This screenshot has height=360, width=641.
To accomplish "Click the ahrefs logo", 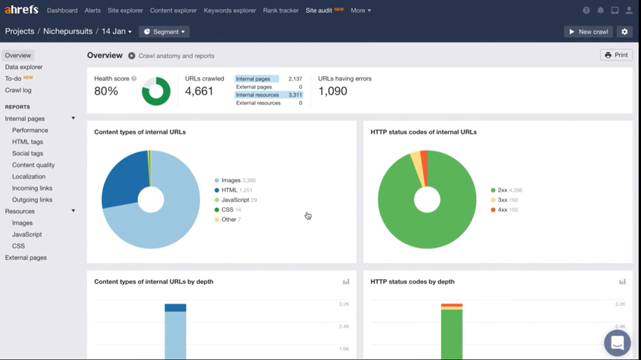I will pyautogui.click(x=22, y=10).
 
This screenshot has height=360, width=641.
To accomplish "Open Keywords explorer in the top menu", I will pyautogui.click(x=229, y=11).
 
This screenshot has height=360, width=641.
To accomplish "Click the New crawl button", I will pyautogui.click(x=588, y=32).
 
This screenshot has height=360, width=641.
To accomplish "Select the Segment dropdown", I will pyautogui.click(x=164, y=32).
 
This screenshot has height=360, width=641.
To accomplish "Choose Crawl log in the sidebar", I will pyautogui.click(x=18, y=90).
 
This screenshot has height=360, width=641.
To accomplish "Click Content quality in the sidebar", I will pyautogui.click(x=33, y=165).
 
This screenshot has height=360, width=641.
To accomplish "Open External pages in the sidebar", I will pyautogui.click(x=26, y=258).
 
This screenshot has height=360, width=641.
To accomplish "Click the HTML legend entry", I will pyautogui.click(x=229, y=190).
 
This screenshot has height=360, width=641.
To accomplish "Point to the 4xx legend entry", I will pyautogui.click(x=502, y=210).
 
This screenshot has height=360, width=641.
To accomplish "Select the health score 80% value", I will pyautogui.click(x=106, y=91).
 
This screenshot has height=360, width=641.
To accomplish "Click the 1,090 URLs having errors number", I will pyautogui.click(x=333, y=91).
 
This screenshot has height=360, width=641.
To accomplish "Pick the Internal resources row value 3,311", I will pyautogui.click(x=295, y=95).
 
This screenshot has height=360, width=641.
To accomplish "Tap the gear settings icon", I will pyautogui.click(x=625, y=32).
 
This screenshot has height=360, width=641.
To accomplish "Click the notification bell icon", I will pyautogui.click(x=600, y=11).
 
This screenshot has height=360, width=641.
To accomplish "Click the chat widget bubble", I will pyautogui.click(x=617, y=342).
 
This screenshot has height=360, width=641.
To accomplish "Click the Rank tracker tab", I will pyautogui.click(x=281, y=11).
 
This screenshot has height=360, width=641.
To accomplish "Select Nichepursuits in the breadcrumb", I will pyautogui.click(x=68, y=32).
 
